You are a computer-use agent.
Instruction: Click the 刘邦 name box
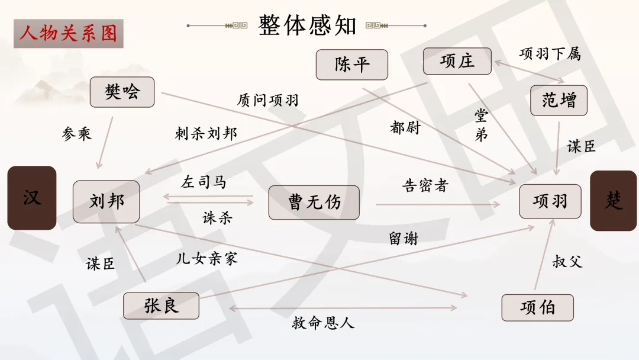point(106,201)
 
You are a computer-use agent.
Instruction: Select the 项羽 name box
point(550,201)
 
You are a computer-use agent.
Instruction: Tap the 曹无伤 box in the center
point(314,202)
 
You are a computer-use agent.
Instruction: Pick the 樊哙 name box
point(122,92)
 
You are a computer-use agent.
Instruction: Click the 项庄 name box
point(457,61)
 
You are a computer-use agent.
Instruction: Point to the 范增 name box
point(559,100)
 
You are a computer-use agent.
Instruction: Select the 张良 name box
point(161,306)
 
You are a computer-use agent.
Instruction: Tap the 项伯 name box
point(537,308)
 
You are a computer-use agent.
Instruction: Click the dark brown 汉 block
point(32,198)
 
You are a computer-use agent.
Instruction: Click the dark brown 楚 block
point(614,201)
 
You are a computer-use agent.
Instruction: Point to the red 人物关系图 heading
point(68,33)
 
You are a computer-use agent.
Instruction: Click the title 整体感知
point(307,25)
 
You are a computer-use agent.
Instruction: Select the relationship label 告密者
point(425,185)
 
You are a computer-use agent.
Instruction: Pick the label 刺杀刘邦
point(206,133)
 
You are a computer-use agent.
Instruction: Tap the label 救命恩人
point(323,323)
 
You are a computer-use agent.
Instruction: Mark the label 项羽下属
point(550,54)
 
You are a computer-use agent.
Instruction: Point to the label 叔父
point(567,261)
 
